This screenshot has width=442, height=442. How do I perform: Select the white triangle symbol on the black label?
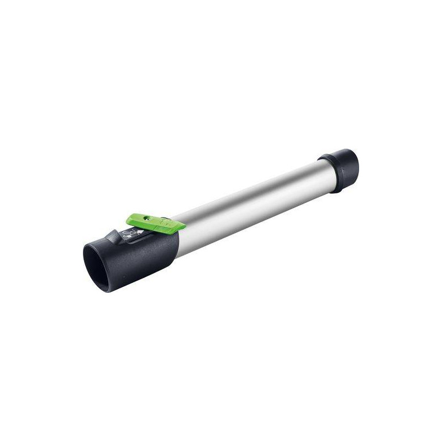[138, 232]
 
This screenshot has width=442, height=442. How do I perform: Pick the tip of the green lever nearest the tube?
[180, 224]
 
